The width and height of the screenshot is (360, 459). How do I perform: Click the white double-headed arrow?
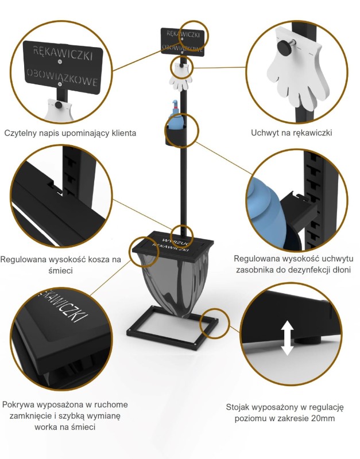pyautogui.click(x=287, y=338)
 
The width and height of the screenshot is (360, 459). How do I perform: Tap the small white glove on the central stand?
pyautogui.click(x=180, y=77)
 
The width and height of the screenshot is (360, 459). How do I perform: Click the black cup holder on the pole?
pyautogui.click(x=176, y=134)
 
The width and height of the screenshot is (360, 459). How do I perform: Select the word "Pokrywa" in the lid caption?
pyautogui.click(x=18, y=405)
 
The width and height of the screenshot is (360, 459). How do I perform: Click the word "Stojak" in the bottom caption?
pyautogui.click(x=238, y=407)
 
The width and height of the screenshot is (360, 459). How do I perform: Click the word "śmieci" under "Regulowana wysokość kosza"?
pyautogui.click(x=60, y=271)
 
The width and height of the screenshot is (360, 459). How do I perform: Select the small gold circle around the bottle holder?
pyautogui.click(x=182, y=131)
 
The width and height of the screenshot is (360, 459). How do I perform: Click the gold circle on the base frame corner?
pyautogui.click(x=214, y=324)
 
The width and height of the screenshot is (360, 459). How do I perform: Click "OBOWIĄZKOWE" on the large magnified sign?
pyautogui.click(x=62, y=77)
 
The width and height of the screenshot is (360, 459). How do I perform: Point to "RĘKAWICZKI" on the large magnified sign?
pyautogui.click(x=63, y=53)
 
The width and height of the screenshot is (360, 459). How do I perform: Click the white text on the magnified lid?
pyautogui.click(x=64, y=305)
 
